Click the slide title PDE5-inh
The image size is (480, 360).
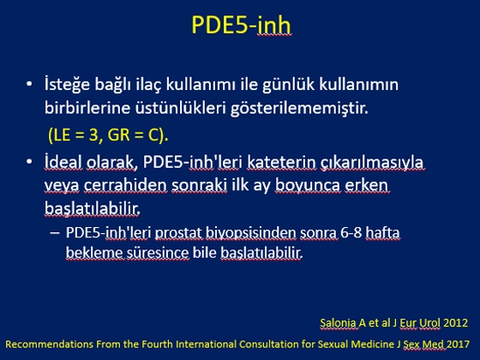click(241, 25)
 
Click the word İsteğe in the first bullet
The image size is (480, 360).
click(68, 85)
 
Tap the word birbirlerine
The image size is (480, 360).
click(87, 108)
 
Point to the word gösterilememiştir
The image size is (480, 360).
click(299, 108)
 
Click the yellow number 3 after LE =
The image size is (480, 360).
click(93, 135)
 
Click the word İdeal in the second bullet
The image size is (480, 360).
click(63, 162)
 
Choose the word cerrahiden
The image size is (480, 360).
click(125, 185)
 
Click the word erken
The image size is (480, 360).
click(366, 185)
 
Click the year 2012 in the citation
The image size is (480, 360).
click(455, 322)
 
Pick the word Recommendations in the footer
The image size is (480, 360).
click(49, 344)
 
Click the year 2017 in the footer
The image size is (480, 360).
click(458, 344)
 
